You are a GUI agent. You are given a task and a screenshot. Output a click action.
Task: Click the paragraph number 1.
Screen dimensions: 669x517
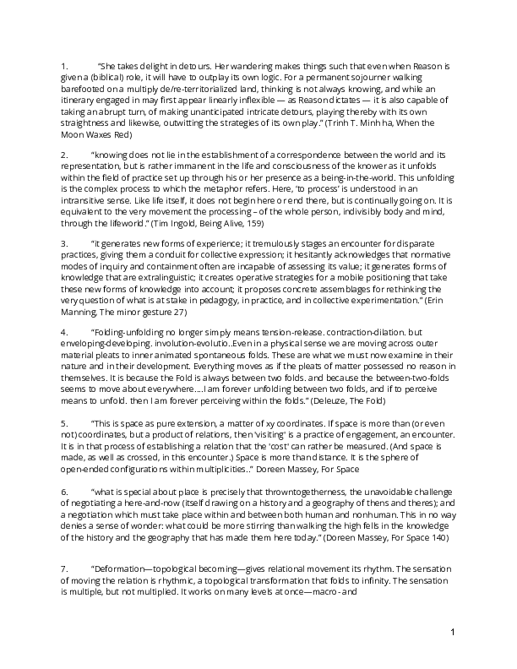pos(63,66)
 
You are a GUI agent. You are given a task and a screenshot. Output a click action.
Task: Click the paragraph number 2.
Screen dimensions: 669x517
pos(63,155)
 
